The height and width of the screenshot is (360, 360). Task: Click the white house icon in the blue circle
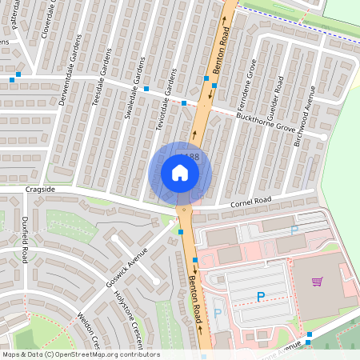tap(180, 173)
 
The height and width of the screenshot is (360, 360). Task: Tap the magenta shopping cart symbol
tap(318, 282)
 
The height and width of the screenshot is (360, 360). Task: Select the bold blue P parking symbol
tap(260, 298)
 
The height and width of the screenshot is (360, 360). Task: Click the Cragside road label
tap(40, 190)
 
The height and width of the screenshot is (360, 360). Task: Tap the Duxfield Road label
tap(26, 240)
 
